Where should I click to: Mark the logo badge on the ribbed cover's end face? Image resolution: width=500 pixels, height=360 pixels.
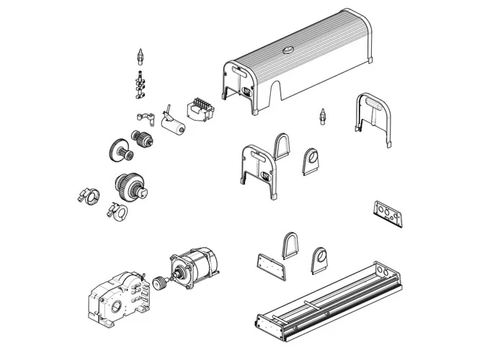tap(247, 91)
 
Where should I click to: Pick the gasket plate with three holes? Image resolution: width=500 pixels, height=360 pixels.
tap(388, 214)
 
